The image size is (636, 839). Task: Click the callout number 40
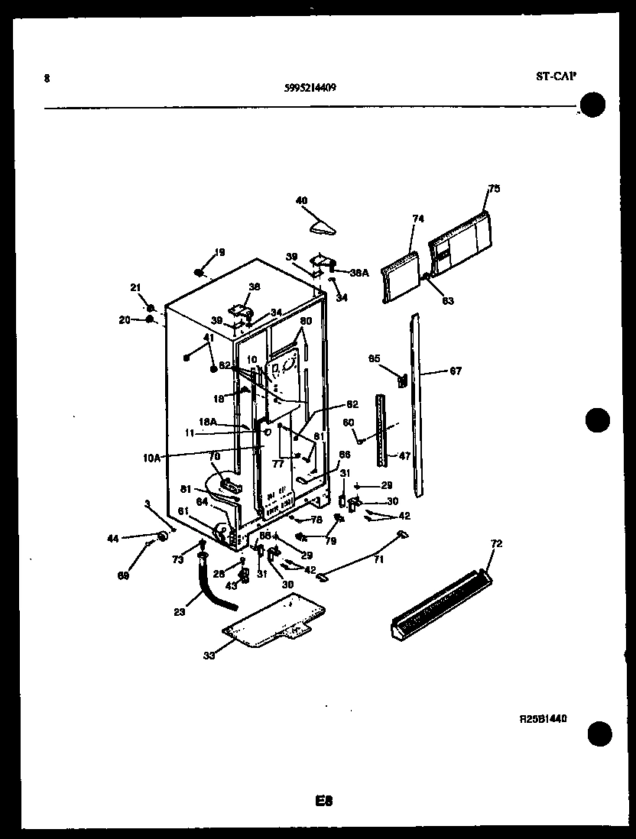point(301,201)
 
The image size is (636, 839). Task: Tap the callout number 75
point(494,189)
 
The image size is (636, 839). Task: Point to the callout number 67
point(456,371)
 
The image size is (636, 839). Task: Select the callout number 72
point(496,543)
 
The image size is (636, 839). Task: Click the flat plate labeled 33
point(274,620)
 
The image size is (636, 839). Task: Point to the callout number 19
point(219,252)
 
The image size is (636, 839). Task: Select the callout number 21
point(136,287)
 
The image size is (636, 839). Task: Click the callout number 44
point(113,539)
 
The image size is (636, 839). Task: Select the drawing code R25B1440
point(544,720)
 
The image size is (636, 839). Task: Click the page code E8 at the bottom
point(324,801)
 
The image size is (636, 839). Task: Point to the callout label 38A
point(359,271)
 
